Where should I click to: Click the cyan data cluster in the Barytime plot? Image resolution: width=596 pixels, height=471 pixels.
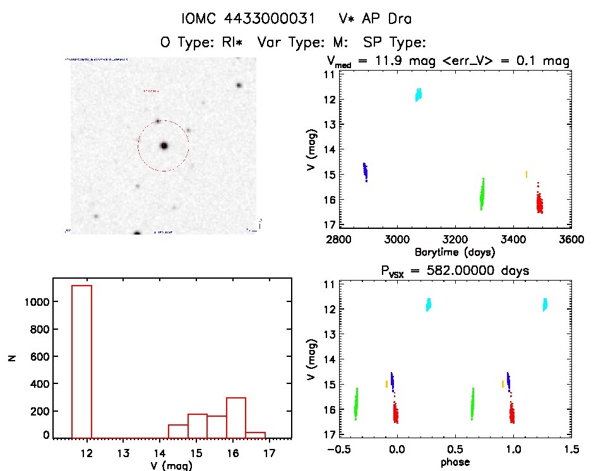[418, 95]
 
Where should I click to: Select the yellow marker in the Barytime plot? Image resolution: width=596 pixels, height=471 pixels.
[527, 174]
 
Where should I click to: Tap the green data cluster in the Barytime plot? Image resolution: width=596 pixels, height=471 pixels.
[482, 194]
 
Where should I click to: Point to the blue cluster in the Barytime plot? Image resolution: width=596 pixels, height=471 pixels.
[365, 172]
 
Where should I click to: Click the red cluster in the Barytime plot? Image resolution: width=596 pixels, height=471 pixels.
[539, 203]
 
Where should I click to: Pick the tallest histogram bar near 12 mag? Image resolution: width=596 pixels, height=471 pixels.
[82, 359]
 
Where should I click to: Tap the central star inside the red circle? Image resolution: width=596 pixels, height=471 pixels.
[164, 146]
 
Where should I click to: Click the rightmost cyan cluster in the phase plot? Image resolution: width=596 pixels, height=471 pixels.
[545, 305]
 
